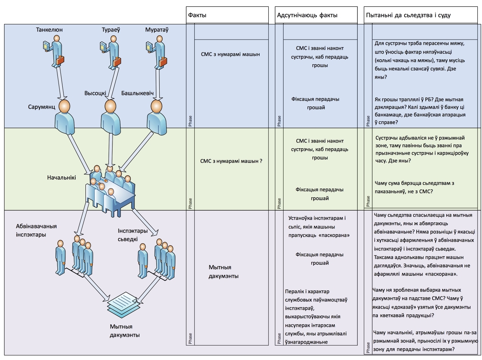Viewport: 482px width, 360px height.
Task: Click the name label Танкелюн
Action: [x=50, y=30]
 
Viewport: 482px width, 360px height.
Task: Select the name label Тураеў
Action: [x=111, y=30]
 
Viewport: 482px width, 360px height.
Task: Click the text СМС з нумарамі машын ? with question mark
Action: [x=231, y=161]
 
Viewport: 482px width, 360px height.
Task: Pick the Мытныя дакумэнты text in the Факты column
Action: [x=224, y=272]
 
